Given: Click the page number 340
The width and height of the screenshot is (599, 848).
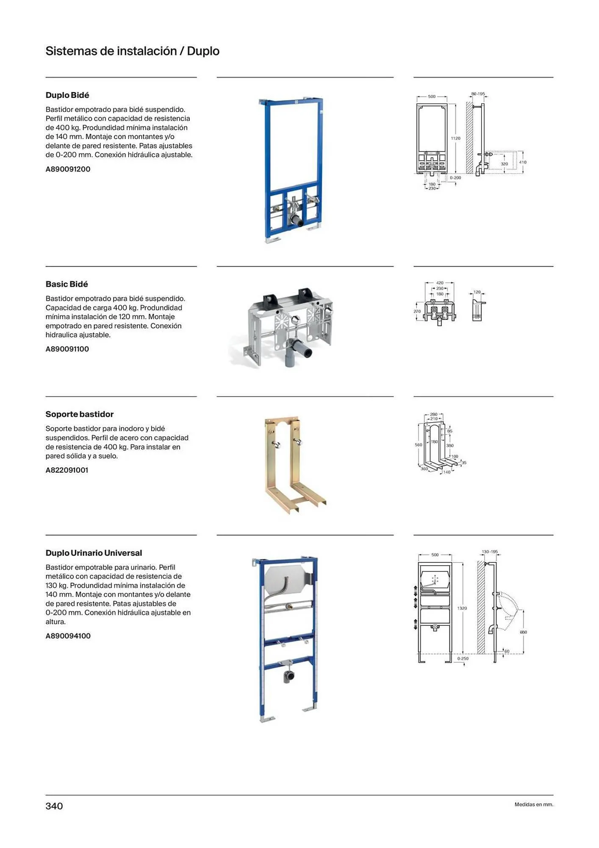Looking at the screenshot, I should (54, 806).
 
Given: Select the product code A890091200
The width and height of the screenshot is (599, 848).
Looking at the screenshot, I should (68, 169).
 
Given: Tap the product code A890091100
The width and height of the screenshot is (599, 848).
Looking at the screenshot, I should (67, 349).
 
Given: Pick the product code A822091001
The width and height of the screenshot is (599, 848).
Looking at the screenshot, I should (67, 470).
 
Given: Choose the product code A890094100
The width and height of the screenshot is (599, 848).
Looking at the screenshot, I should (68, 636).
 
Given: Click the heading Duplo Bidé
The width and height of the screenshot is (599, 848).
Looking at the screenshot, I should (67, 95).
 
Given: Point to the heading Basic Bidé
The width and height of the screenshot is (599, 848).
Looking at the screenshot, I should (67, 285).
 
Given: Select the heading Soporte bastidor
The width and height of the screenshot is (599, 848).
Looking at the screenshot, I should (80, 414).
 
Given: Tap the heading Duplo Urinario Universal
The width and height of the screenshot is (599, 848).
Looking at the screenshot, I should (94, 553).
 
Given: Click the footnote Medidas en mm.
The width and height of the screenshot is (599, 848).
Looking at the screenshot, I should (534, 804).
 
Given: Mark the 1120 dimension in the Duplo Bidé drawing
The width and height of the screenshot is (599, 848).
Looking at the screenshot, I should (455, 139).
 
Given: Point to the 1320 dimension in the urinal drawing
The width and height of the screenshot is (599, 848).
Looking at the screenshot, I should (462, 608).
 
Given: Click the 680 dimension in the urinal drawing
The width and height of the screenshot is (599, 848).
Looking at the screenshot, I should (523, 632).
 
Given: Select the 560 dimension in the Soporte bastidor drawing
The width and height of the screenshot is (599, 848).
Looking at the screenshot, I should (418, 445).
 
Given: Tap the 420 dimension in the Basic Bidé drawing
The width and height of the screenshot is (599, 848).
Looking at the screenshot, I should (440, 283).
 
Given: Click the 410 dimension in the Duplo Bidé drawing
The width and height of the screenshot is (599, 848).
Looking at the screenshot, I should (523, 162).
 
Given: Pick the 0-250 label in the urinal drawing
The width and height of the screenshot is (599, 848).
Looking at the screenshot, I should (463, 659).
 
